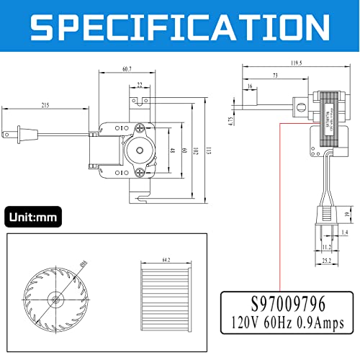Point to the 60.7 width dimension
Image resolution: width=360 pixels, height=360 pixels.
(x=126, y=69)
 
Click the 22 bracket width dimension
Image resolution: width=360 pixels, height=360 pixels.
(x=139, y=84)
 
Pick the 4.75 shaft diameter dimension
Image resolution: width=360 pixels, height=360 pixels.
(x=232, y=120)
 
